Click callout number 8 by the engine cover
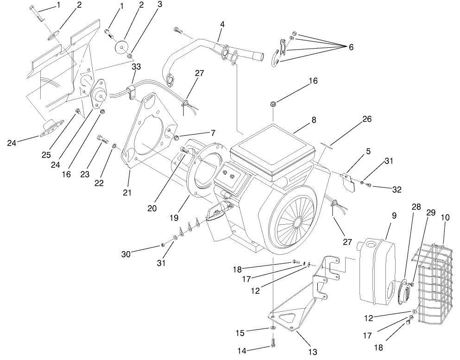point(314,120)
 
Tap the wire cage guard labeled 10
point(435,283)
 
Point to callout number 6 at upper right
point(351,47)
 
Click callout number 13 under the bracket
point(313,352)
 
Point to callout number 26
point(366,119)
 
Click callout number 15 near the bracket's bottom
point(252,333)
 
